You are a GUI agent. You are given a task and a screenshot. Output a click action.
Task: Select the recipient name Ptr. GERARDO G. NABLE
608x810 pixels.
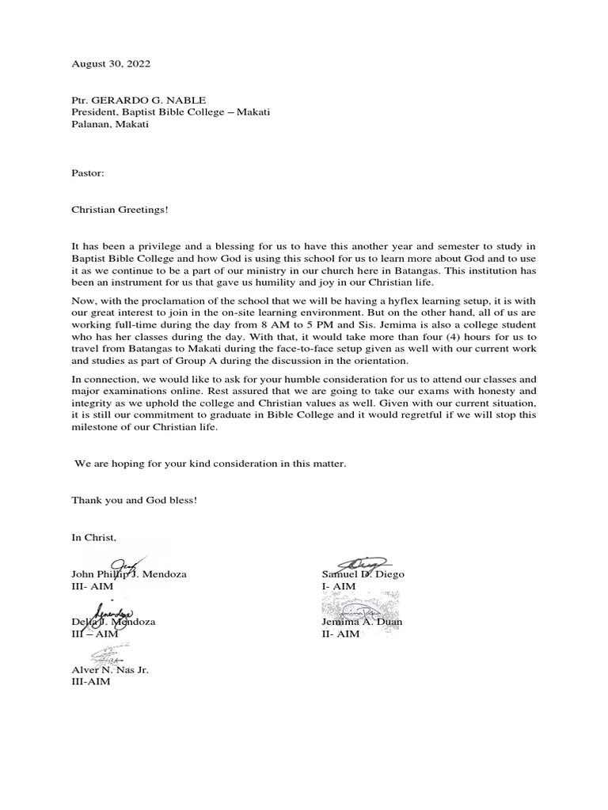point(138,100)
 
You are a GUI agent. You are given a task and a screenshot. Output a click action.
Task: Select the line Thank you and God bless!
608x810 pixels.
point(134,501)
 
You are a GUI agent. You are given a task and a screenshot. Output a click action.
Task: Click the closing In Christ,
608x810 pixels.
point(93,538)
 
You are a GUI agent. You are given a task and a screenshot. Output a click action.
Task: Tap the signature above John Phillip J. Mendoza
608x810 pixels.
point(127,564)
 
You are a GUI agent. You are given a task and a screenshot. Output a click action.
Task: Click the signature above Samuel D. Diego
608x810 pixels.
point(365,562)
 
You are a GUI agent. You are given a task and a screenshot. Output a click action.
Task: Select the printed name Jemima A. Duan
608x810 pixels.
point(361,622)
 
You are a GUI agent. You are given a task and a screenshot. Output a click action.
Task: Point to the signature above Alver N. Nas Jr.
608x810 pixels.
point(107,655)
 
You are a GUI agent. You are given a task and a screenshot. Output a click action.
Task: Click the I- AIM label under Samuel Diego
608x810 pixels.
point(339,586)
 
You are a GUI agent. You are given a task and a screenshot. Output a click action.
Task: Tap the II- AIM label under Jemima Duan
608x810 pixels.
point(340,634)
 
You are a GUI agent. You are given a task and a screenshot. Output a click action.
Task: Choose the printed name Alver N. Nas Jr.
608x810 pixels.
point(110,669)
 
